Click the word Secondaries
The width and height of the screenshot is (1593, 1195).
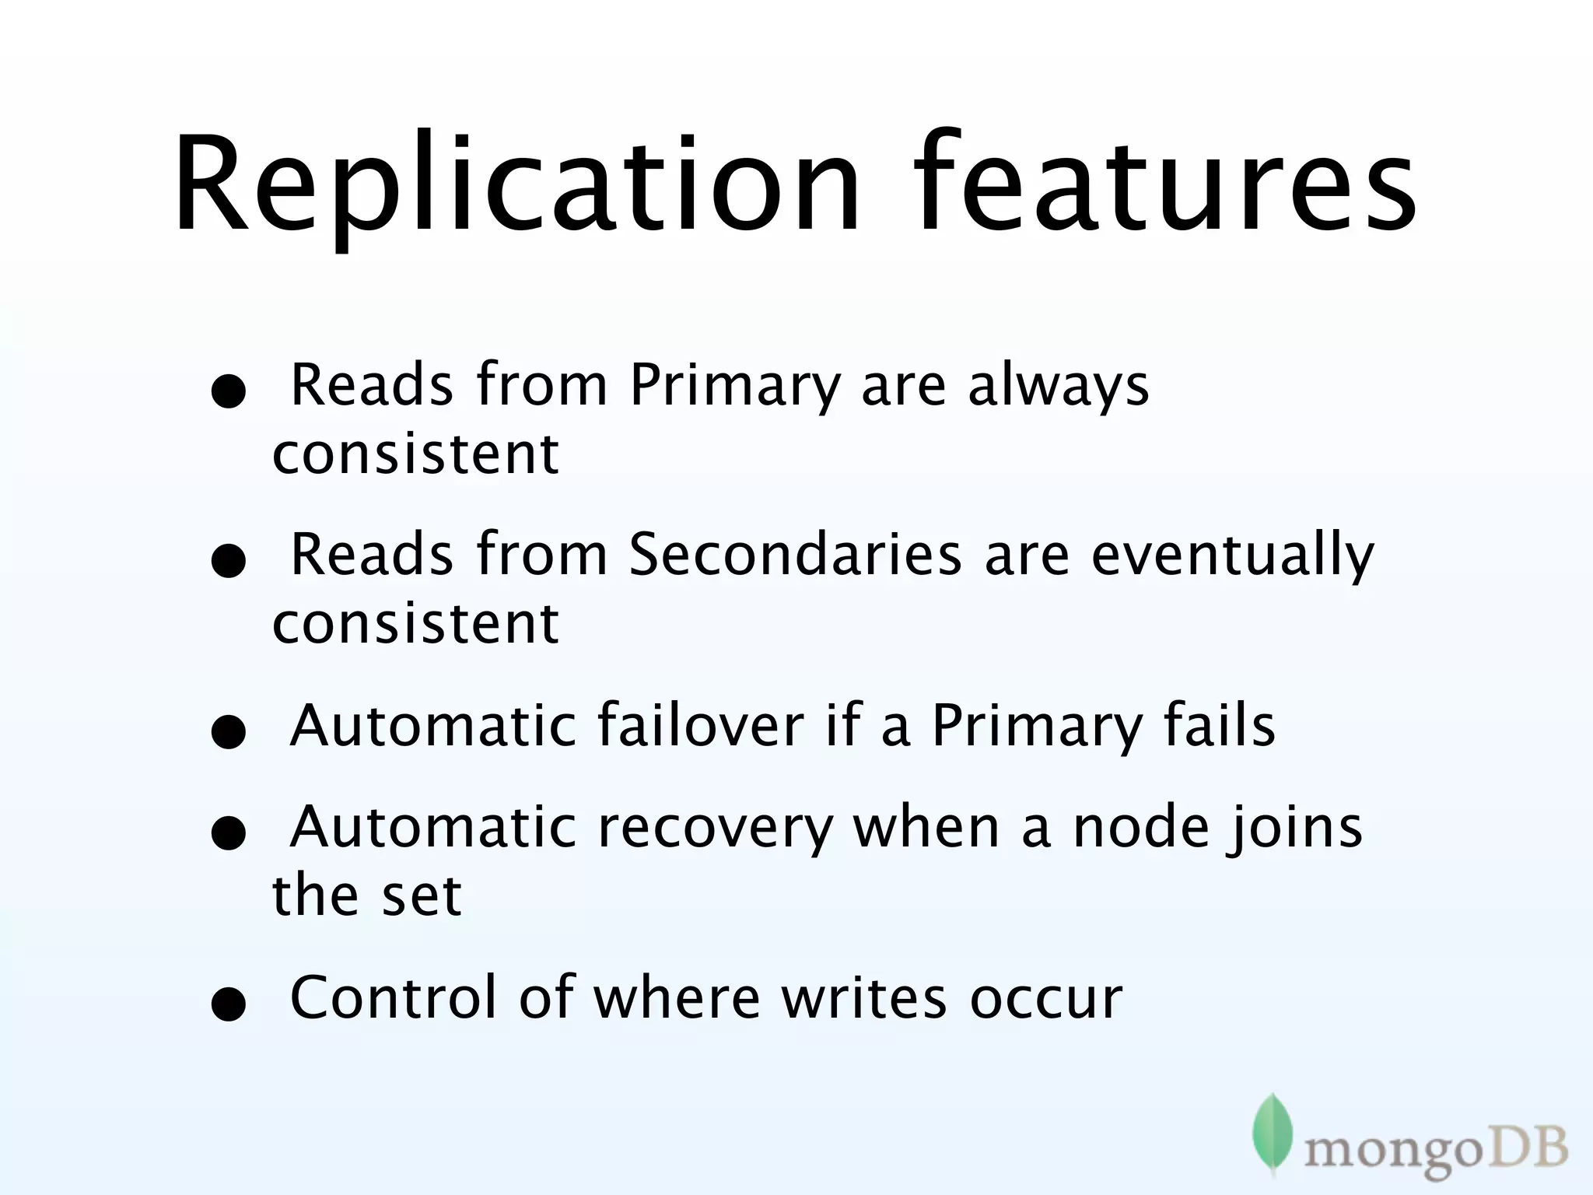795,555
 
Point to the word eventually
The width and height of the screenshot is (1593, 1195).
1233,555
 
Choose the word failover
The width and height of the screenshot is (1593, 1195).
700,725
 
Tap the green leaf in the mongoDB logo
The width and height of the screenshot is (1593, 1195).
1272,1133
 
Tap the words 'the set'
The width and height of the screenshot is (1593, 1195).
366,895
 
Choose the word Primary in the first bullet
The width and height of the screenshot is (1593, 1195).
735,386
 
